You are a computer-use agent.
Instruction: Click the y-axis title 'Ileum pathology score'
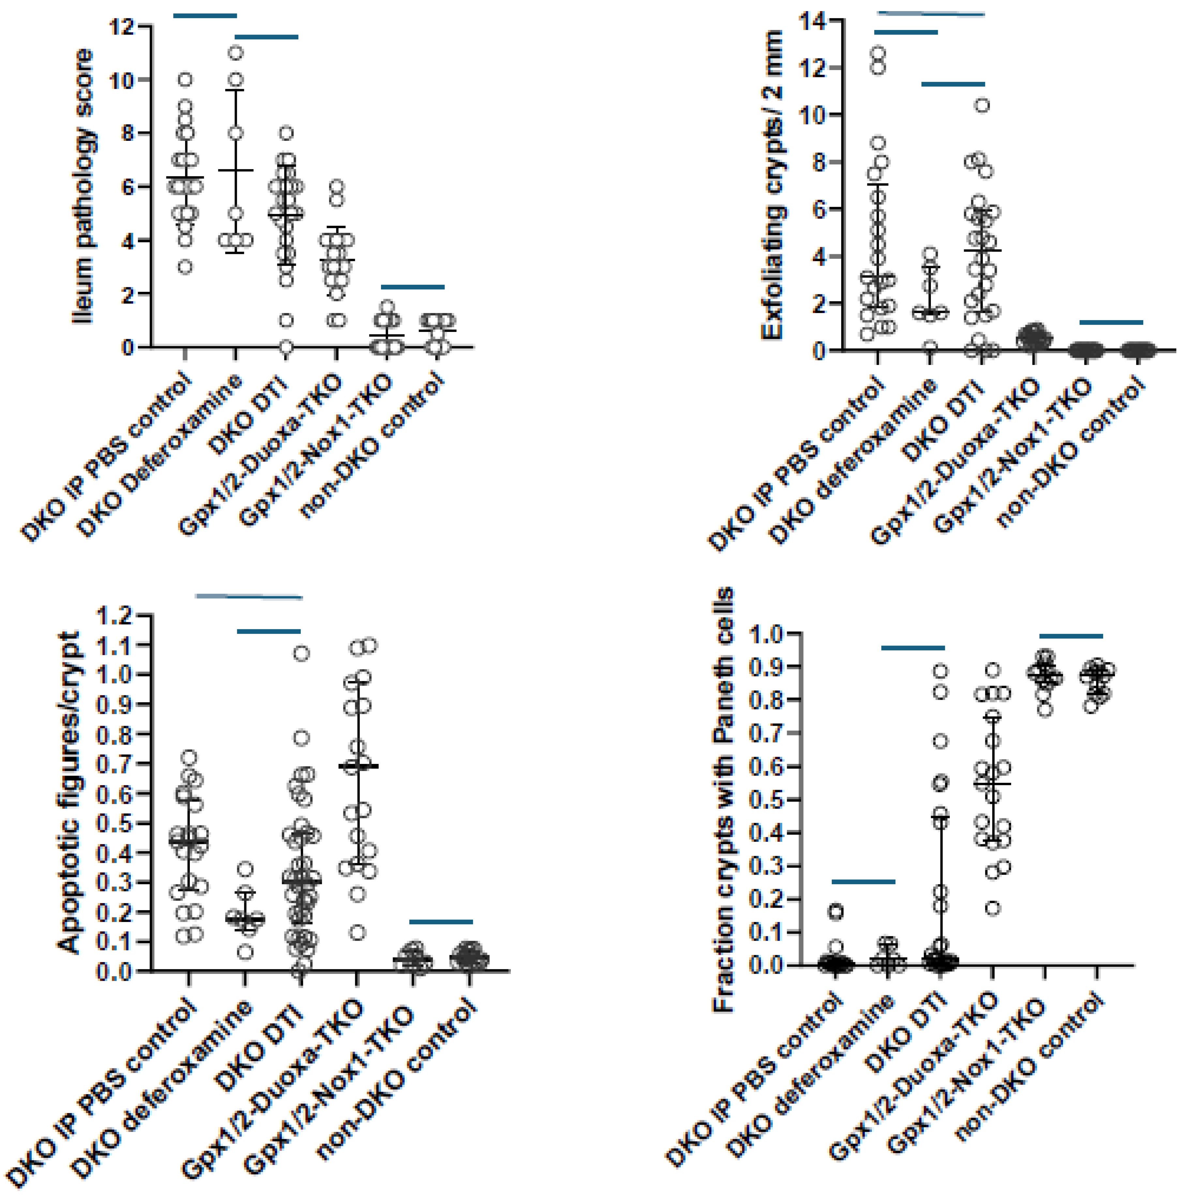coord(83,187)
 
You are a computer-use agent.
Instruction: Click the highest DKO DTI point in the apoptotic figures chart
coord(301,653)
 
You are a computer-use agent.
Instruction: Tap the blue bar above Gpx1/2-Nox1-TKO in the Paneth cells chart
coord(1071,636)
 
